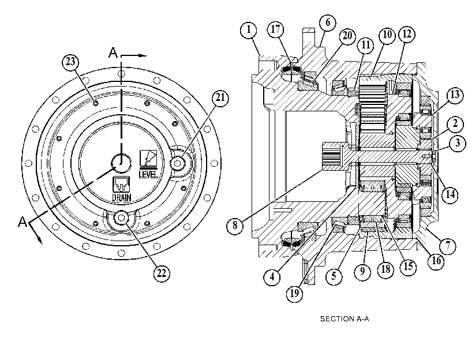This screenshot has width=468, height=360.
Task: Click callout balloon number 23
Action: tap(70, 62)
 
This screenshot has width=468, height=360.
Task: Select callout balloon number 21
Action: tap(220, 98)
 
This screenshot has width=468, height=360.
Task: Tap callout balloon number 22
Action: tap(162, 273)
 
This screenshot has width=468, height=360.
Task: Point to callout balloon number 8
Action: tap(235, 226)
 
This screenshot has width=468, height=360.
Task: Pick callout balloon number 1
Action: tap(249, 30)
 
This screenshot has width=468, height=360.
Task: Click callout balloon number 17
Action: tap(275, 29)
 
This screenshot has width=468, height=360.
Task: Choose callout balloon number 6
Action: tap(327, 22)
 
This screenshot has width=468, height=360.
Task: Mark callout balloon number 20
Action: tap(347, 36)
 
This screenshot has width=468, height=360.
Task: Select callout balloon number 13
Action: tap(455, 95)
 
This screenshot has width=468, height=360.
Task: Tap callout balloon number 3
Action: tap(458, 144)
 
